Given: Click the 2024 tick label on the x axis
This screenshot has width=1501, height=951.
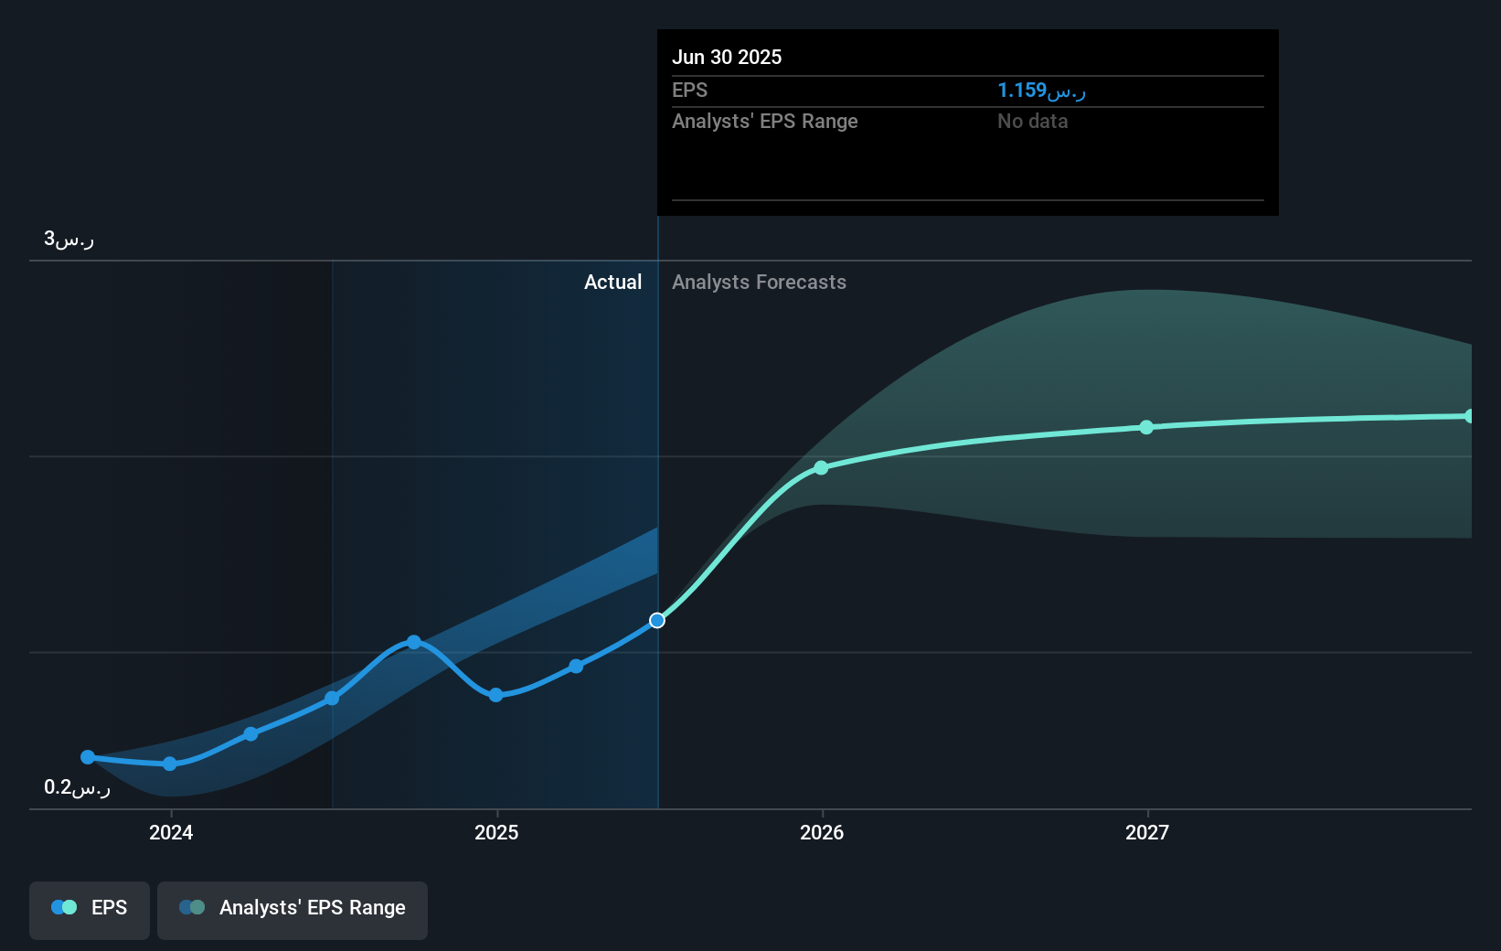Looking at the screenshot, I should click(171, 832).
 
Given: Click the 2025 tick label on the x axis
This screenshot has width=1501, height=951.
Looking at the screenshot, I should click(496, 832).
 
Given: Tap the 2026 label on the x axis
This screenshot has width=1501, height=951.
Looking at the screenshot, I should click(822, 832).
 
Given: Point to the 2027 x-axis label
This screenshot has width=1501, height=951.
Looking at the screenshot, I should click(1147, 832).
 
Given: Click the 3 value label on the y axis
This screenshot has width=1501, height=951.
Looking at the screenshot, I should click(69, 240).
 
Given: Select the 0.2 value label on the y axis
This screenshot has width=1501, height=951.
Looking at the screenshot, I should click(77, 787).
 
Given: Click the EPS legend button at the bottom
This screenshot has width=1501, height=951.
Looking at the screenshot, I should click(90, 908).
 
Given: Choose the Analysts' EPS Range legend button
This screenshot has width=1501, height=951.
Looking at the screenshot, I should click(293, 908).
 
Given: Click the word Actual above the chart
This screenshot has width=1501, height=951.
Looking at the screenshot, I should click(612, 283).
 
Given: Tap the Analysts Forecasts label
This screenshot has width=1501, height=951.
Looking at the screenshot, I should click(759, 283).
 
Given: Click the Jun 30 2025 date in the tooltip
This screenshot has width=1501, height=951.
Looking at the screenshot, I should click(727, 57).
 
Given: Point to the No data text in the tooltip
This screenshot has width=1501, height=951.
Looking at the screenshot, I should click(1032, 122).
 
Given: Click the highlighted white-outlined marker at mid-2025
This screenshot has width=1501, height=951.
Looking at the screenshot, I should click(657, 621).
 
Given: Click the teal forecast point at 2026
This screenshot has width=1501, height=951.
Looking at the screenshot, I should click(821, 468).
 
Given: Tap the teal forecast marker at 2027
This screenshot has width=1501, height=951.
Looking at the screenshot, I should click(1146, 427).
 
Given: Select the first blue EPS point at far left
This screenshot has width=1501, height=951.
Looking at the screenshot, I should click(88, 757).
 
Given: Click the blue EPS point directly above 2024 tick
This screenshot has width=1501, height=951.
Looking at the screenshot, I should click(170, 764).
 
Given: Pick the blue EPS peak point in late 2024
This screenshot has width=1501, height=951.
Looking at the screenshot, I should click(414, 643).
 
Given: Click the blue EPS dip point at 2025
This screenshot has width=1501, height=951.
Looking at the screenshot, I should click(495, 695).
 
